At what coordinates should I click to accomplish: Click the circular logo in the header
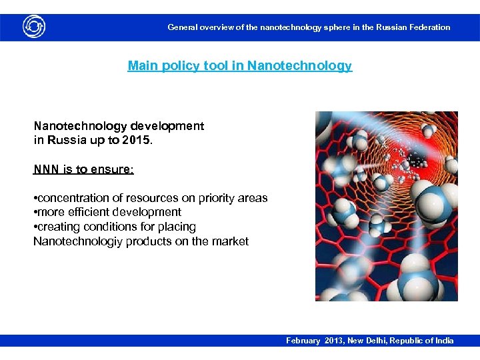(x=34, y=27)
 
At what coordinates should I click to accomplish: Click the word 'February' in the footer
(x=303, y=341)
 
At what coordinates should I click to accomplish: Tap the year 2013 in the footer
(x=335, y=341)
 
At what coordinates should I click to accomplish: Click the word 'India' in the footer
(x=444, y=341)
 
